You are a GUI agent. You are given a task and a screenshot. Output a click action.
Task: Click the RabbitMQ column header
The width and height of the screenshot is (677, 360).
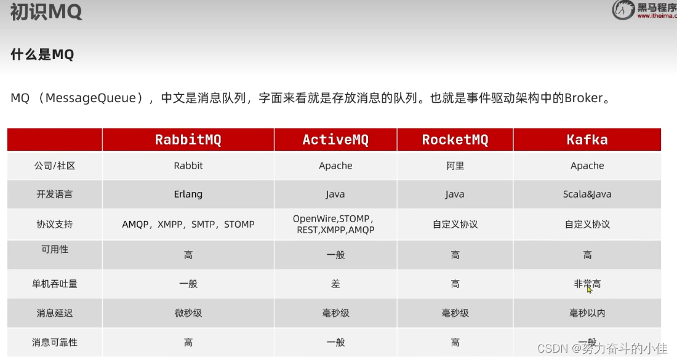(188, 140)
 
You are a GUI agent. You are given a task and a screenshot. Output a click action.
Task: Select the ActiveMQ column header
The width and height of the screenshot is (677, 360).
(335, 140)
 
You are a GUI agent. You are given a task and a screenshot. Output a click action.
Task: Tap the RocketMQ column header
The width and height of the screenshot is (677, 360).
(455, 140)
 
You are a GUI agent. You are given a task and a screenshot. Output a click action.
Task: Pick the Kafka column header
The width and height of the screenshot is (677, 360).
(587, 140)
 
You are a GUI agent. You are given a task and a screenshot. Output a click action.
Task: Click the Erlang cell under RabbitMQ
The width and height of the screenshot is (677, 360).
(188, 194)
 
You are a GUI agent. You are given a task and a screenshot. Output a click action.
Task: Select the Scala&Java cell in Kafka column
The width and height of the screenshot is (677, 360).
(587, 194)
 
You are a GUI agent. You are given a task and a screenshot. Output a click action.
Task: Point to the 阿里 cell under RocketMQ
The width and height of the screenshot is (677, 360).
(455, 166)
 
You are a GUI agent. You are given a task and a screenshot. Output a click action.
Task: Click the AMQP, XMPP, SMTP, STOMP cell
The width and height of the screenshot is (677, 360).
(188, 224)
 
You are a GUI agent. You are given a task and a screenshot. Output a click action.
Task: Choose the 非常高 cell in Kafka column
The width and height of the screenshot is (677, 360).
(587, 284)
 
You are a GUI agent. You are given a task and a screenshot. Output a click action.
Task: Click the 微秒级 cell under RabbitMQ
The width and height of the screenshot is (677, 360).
(188, 313)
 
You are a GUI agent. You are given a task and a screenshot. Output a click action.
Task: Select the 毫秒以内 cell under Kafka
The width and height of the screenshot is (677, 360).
(587, 313)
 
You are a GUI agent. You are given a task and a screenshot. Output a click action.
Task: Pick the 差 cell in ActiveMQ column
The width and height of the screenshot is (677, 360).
(335, 284)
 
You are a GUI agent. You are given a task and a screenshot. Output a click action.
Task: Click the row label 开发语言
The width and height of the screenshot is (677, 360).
(54, 194)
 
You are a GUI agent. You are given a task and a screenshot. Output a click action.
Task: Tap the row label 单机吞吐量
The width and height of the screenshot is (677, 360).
(54, 284)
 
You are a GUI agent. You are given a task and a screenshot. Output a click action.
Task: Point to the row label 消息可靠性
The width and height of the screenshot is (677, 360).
(54, 342)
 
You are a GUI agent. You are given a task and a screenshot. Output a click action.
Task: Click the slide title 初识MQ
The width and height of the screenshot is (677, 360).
(46, 12)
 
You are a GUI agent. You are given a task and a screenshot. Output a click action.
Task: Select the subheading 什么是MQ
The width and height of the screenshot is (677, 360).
(42, 54)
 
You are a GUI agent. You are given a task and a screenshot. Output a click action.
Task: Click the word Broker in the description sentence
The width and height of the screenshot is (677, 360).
(583, 98)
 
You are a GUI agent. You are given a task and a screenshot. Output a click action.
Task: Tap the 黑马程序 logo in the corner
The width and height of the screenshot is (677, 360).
(643, 10)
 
